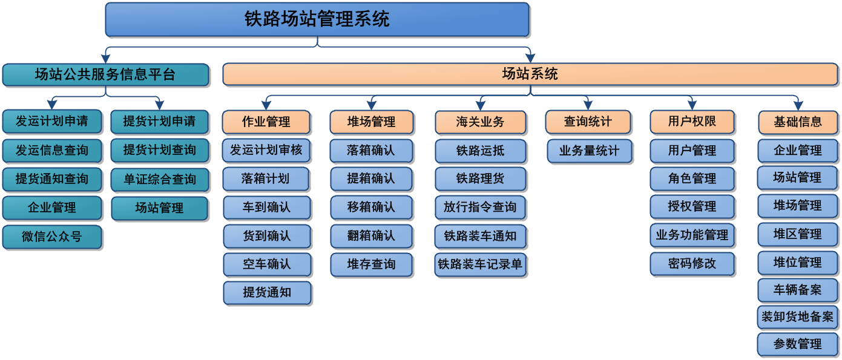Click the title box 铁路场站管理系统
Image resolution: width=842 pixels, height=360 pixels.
[317, 19]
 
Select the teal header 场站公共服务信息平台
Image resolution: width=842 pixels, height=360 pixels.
[105, 75]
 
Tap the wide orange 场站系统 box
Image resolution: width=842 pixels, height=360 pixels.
[530, 74]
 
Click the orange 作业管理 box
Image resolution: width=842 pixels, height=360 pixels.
[266, 122]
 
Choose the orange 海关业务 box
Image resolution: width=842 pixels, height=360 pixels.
[480, 122]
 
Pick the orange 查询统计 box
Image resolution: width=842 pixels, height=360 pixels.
[588, 122]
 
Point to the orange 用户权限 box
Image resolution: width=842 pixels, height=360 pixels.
[692, 122]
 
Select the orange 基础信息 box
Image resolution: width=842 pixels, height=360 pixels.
[797, 122]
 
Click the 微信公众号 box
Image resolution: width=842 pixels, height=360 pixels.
[52, 237]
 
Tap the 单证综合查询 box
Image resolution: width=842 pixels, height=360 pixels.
[159, 179]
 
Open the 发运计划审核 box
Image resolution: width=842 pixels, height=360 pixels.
[266, 150]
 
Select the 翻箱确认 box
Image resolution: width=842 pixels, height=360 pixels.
[371, 235]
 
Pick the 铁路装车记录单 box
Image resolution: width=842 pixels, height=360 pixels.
[480, 264]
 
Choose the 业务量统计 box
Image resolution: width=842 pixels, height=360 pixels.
[589, 151]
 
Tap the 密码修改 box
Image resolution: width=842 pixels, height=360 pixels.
[692, 264]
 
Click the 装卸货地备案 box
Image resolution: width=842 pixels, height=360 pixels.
[797, 316]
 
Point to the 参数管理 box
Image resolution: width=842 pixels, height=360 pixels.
[797, 344]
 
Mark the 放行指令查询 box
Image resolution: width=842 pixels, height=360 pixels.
[480, 208]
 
